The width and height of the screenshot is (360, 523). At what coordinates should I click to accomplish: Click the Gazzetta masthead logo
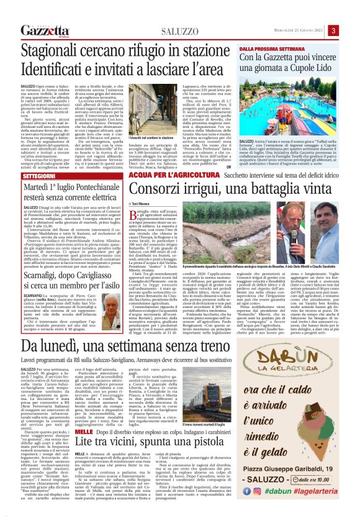click(x=43, y=30)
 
